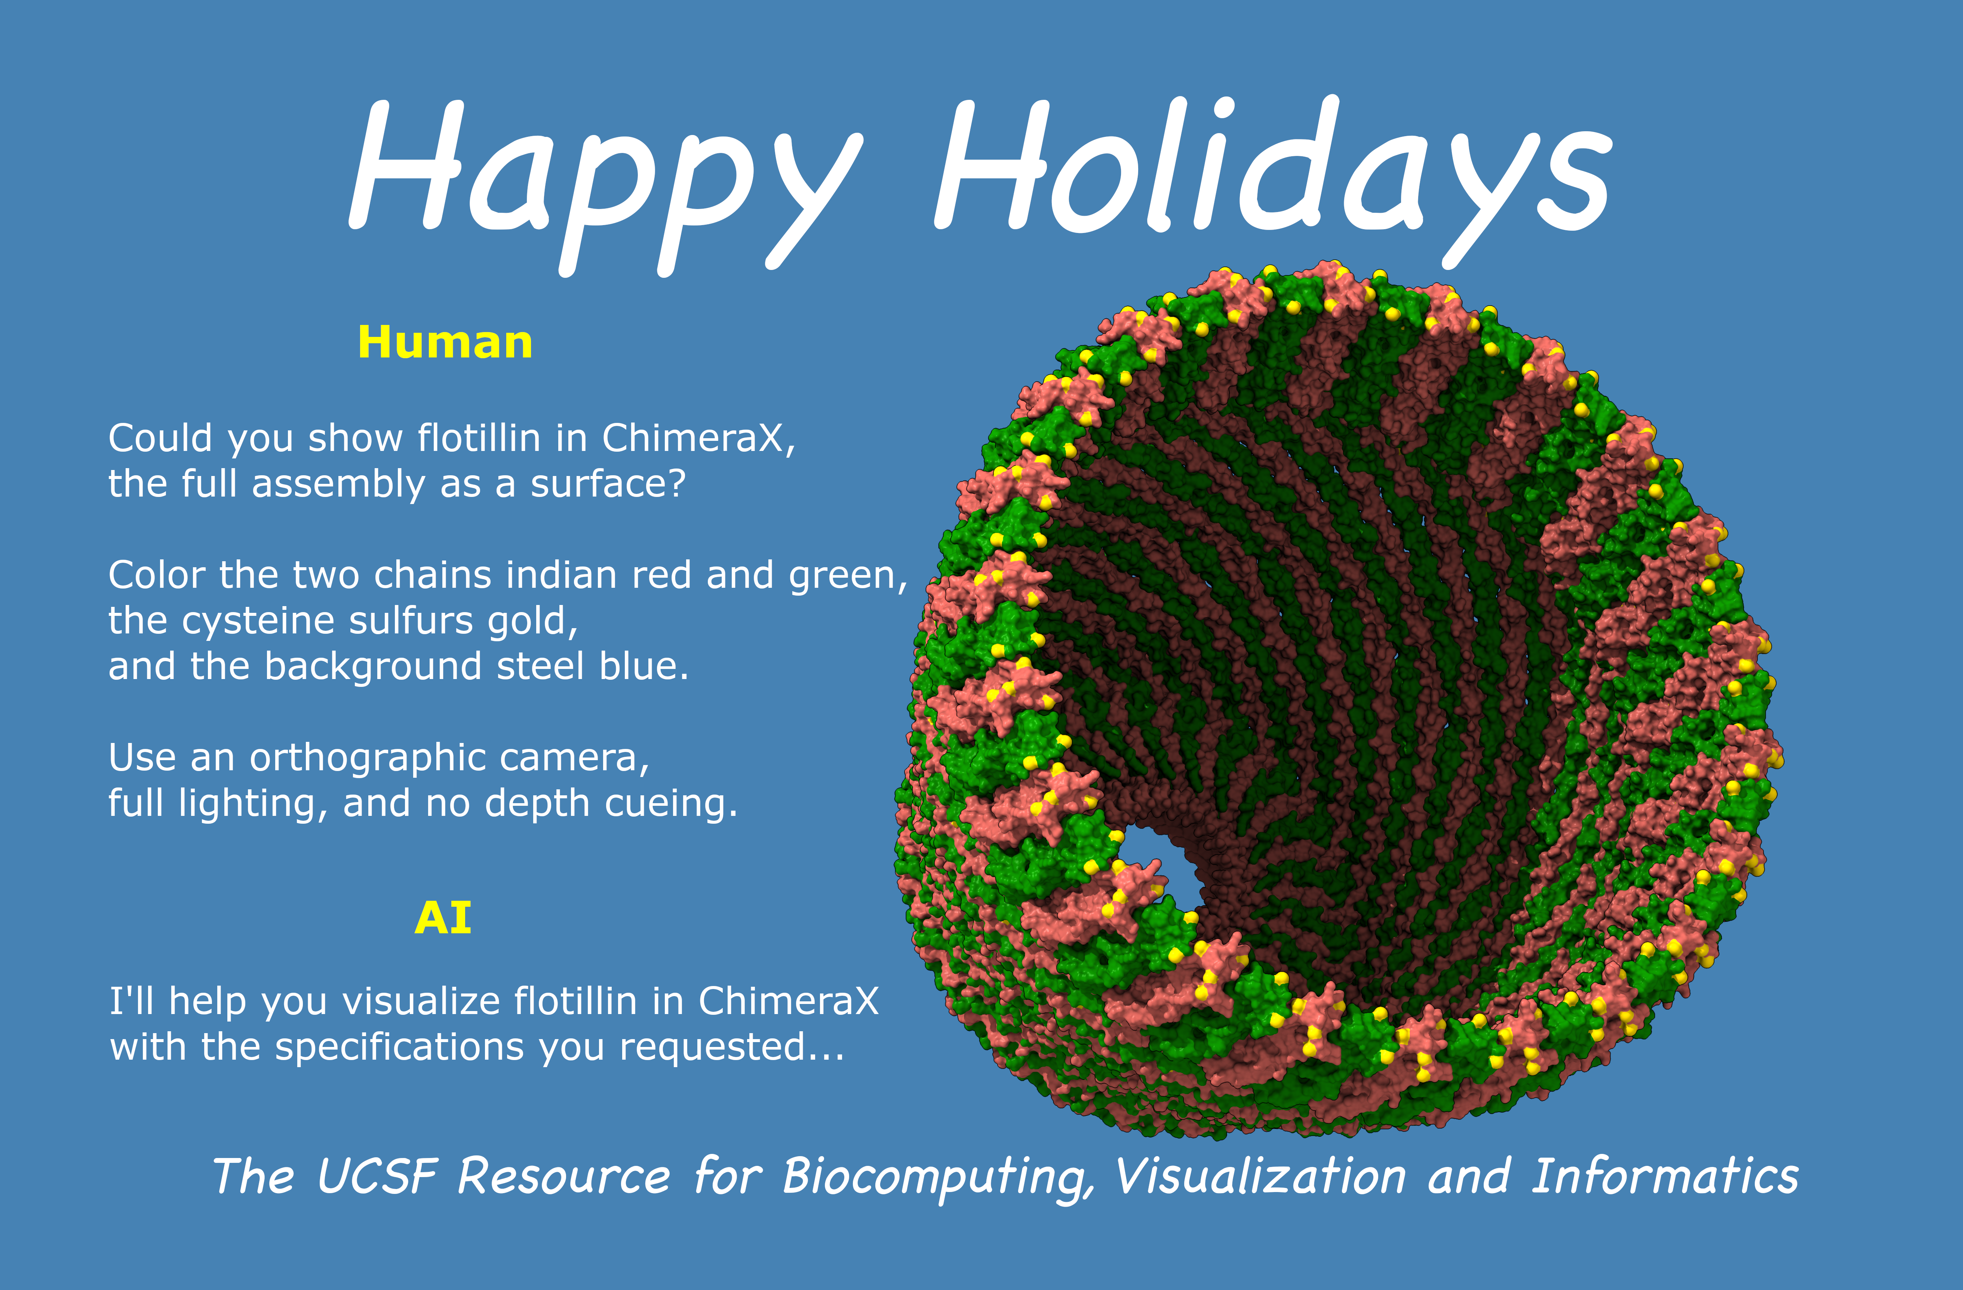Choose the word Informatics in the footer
tap(1664, 1175)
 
